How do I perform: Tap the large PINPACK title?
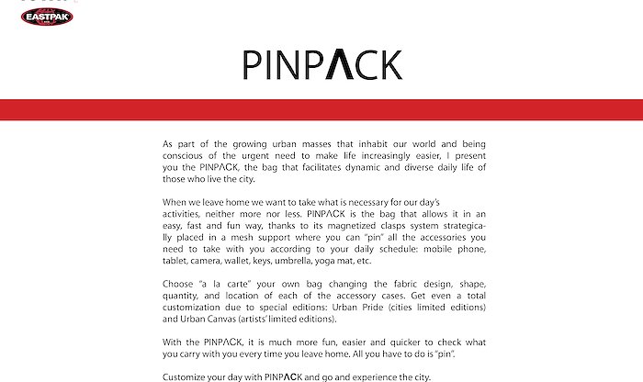tap(322, 64)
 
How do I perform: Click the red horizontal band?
tap(321, 108)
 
